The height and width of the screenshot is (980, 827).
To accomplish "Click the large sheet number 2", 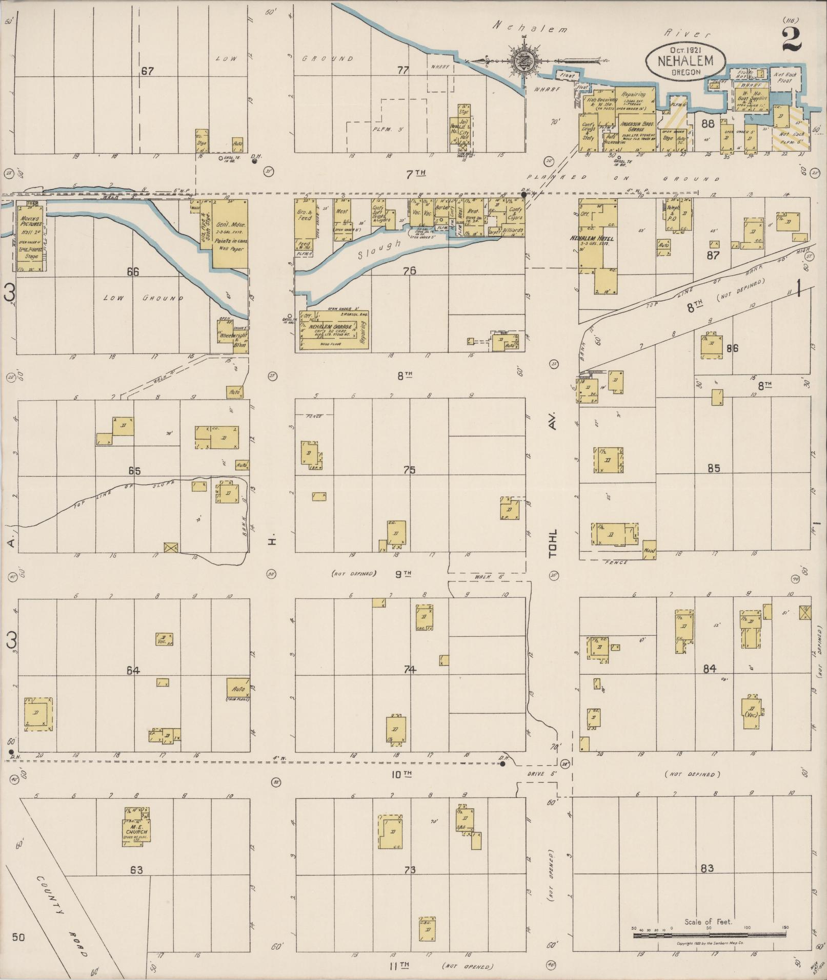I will pyautogui.click(x=792, y=38).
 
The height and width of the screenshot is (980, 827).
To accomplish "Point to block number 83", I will pyautogui.click(x=707, y=868).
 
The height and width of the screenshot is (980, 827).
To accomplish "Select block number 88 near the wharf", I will pyautogui.click(x=708, y=123).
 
